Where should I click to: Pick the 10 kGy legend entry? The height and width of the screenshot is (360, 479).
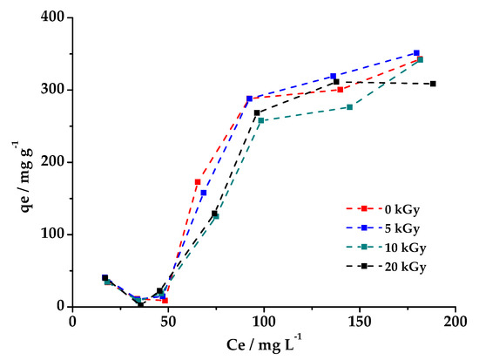point(388,248)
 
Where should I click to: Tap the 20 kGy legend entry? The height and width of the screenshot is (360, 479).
point(388,267)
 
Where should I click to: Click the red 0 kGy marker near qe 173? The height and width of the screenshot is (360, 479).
point(198,182)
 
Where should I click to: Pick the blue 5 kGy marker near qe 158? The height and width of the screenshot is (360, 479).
point(204,193)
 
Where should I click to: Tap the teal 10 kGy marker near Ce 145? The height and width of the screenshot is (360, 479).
point(350,107)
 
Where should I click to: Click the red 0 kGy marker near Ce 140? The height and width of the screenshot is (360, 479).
point(341,90)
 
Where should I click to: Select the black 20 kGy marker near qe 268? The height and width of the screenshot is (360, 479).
point(257,112)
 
